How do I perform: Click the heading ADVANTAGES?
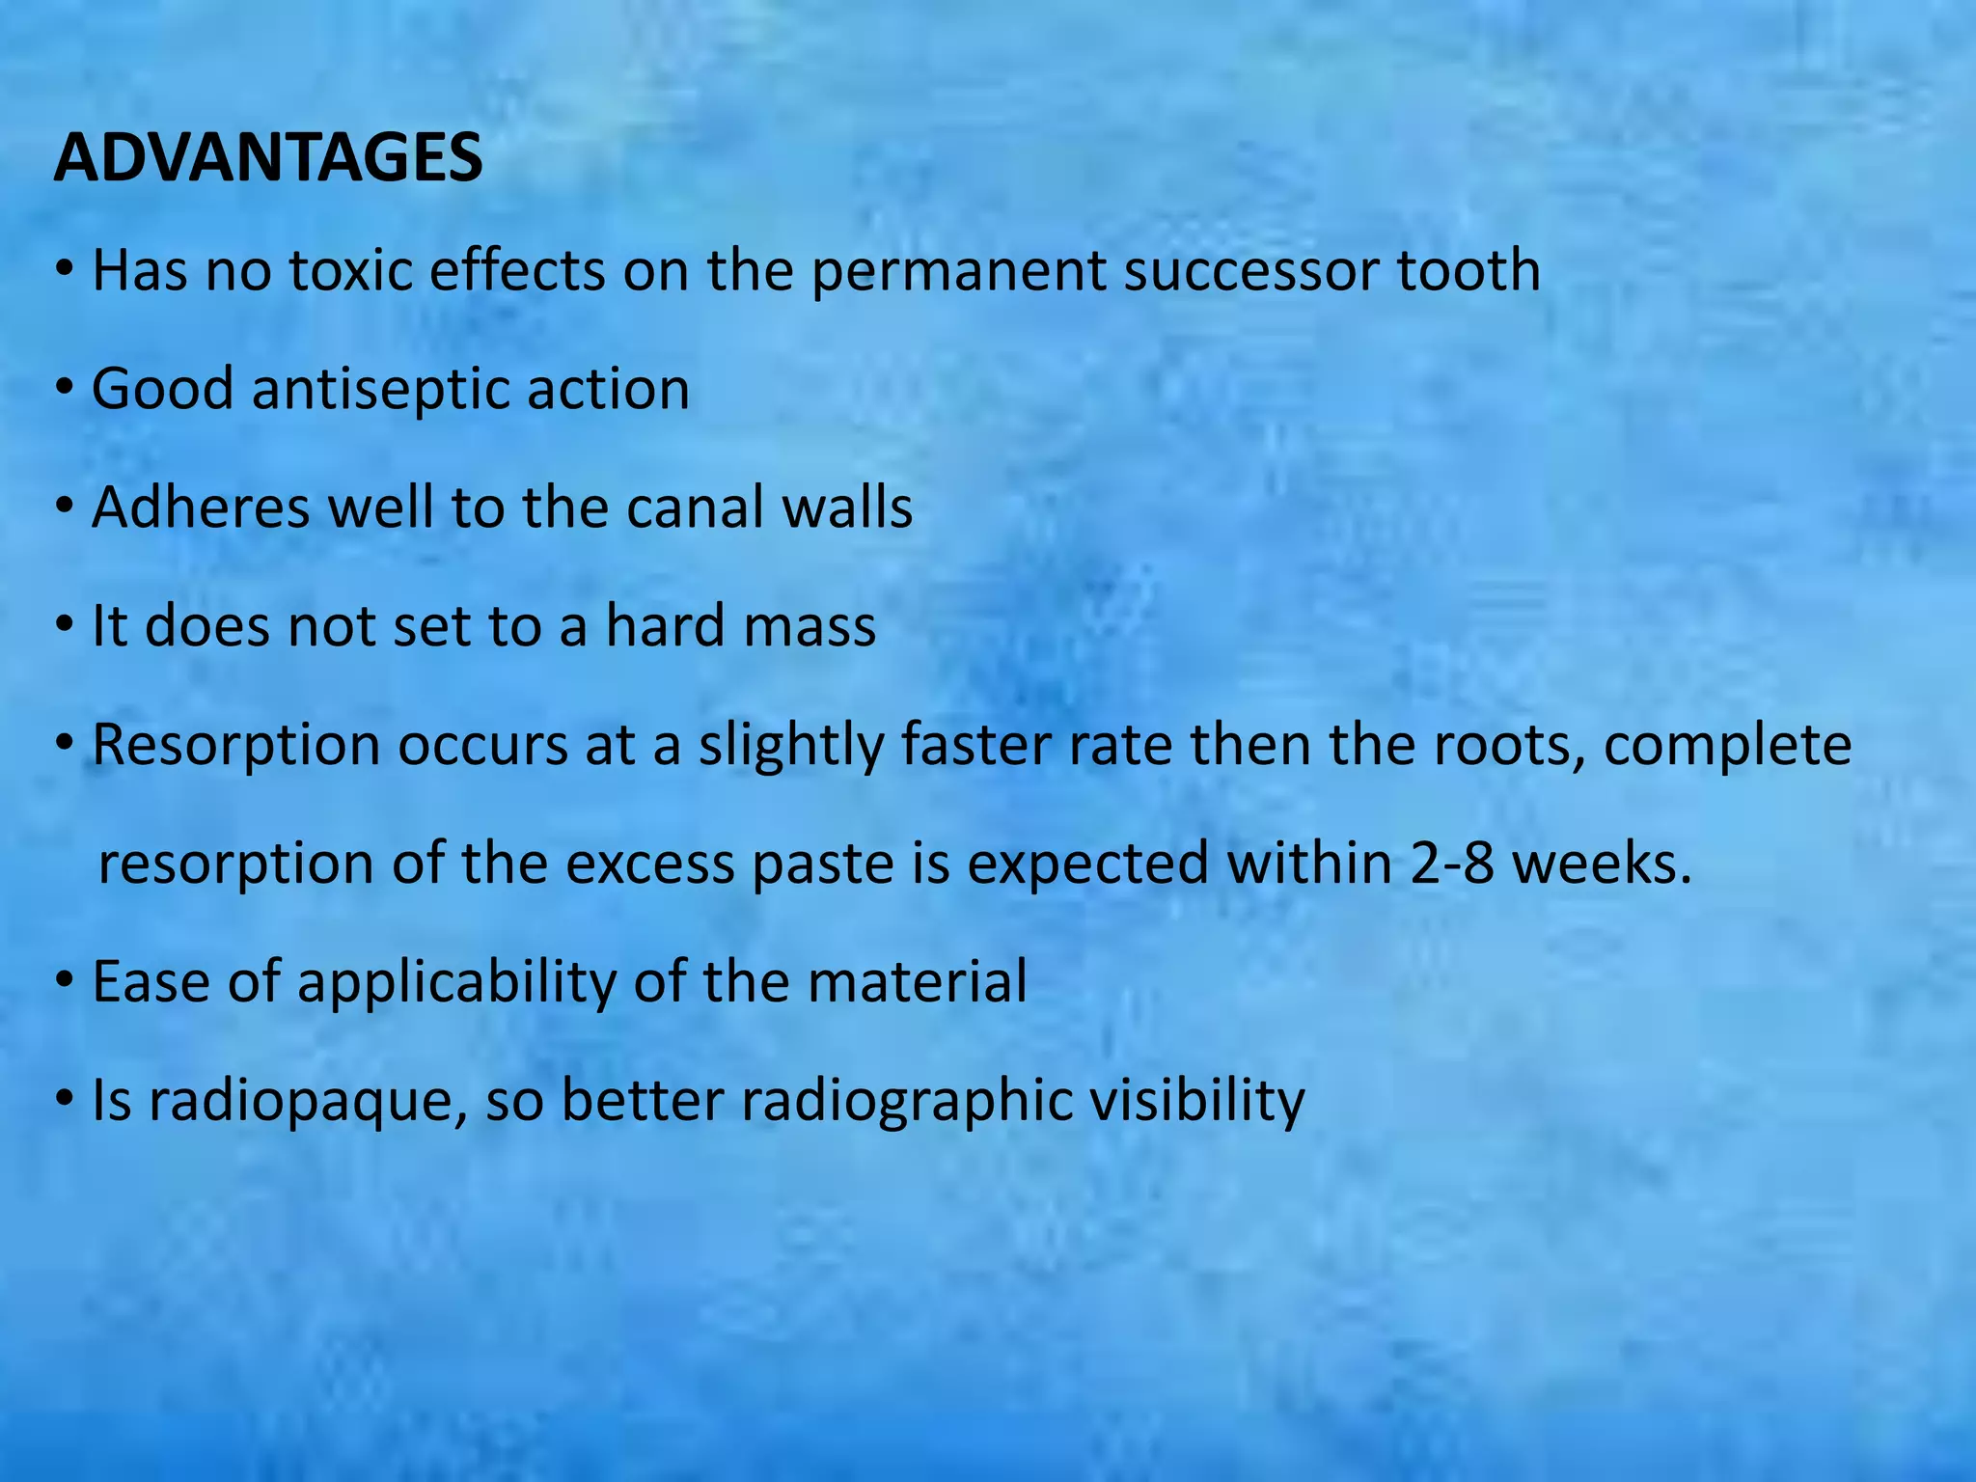pos(268,157)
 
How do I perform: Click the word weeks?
pos(1602,864)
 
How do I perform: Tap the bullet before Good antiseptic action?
pos(65,390)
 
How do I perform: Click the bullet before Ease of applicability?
pos(65,983)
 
